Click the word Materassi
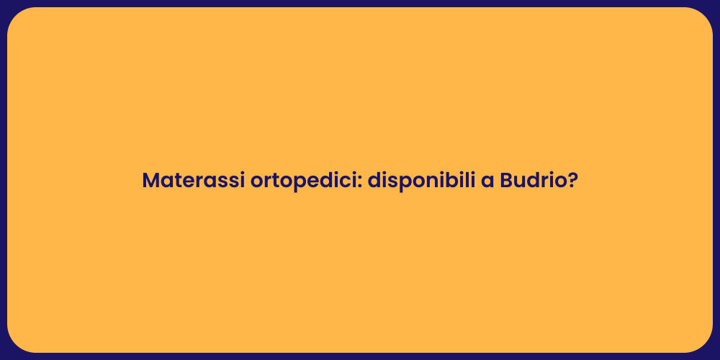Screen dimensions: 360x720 point(193,181)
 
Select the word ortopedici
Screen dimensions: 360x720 point(303,181)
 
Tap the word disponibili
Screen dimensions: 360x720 point(420,181)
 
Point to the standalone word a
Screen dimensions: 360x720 point(487,181)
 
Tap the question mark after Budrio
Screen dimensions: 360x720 point(572,181)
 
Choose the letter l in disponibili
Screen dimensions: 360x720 point(465,180)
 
